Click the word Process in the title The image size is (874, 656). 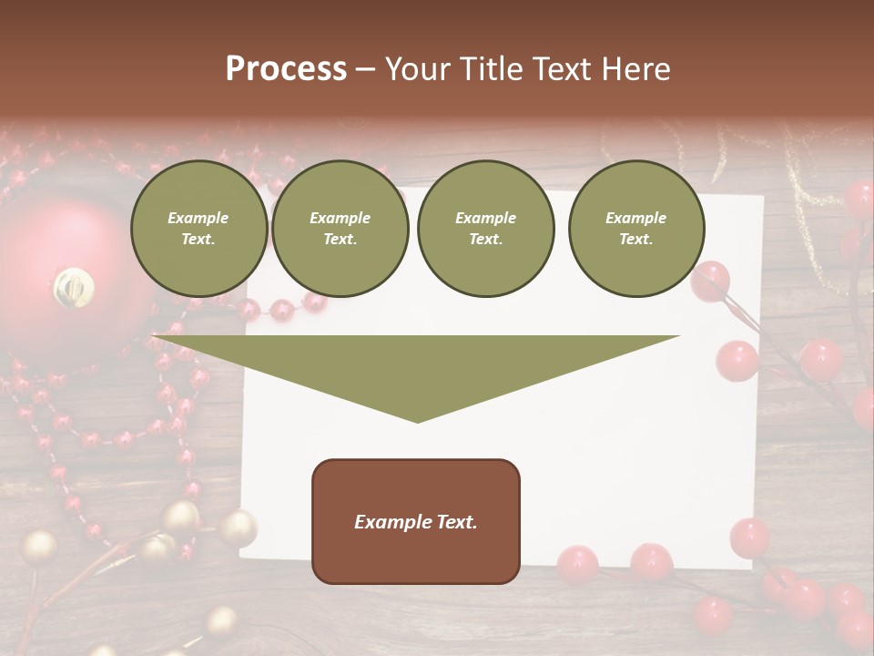click(x=286, y=69)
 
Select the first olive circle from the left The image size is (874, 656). click(x=198, y=229)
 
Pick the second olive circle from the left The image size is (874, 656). click(x=340, y=229)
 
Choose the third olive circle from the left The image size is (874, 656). click(x=485, y=229)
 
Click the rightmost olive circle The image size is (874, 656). click(x=636, y=229)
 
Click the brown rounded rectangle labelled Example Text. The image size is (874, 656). click(x=416, y=521)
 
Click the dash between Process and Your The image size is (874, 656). click(x=365, y=69)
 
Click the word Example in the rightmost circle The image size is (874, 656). click(x=636, y=218)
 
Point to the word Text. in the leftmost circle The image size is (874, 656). click(x=198, y=240)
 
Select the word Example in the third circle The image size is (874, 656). click(x=485, y=218)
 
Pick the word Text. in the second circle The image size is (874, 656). click(x=340, y=240)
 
